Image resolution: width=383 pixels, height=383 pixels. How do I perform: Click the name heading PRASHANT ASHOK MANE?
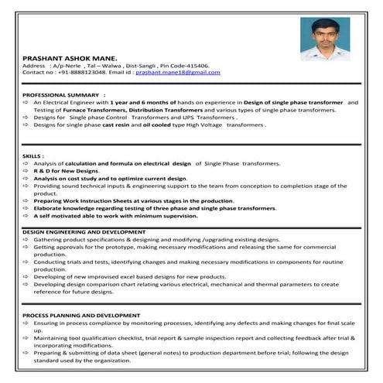pyautogui.click(x=70, y=58)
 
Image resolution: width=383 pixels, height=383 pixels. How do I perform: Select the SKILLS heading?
pyautogui.click(x=33, y=156)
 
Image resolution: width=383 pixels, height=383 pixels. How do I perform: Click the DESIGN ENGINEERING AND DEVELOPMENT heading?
pyautogui.click(x=83, y=232)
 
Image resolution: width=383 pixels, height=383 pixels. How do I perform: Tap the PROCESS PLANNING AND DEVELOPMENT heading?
pyautogui.click(x=81, y=316)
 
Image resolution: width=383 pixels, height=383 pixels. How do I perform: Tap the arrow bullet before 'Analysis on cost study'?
pyautogui.click(x=26, y=178)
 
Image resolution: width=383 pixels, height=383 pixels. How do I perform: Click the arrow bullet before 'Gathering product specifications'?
pyautogui.click(x=26, y=240)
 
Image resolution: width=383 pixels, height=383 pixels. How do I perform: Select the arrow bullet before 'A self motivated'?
pyautogui.click(x=26, y=216)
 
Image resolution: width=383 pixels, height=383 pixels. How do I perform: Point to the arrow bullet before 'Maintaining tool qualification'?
pyautogui.click(x=26, y=337)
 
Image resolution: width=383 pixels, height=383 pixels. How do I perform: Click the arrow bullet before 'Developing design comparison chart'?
pyautogui.click(x=26, y=284)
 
